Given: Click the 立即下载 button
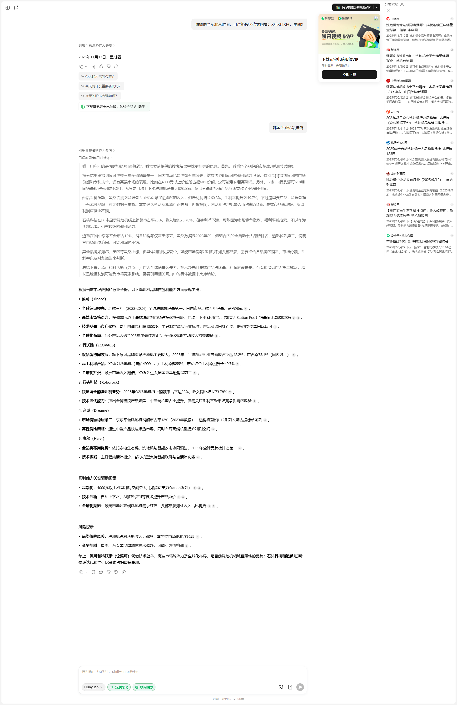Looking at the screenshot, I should pyautogui.click(x=349, y=74).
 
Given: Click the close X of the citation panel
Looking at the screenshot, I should pyautogui.click(x=388, y=11).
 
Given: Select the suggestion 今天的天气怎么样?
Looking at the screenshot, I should pyautogui.click(x=98, y=76).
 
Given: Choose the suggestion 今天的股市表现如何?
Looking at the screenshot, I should pyautogui.click(x=100, y=96).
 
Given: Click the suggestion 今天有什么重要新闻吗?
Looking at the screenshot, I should pyautogui.click(x=101, y=86).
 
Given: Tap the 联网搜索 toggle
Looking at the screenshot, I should pyautogui.click(x=144, y=687).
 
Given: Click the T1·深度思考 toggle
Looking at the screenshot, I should pyautogui.click(x=119, y=687).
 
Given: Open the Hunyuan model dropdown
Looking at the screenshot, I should pyautogui.click(x=93, y=687).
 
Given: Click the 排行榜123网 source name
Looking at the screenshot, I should pyautogui.click(x=399, y=143).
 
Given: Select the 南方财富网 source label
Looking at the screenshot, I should pyautogui.click(x=397, y=174).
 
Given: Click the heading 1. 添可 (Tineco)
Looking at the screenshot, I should pyautogui.click(x=92, y=299).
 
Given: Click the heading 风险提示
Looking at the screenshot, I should pyautogui.click(x=86, y=527).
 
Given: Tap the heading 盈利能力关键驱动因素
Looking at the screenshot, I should pyautogui.click(x=97, y=478).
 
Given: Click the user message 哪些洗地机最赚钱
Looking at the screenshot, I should pyautogui.click(x=288, y=128).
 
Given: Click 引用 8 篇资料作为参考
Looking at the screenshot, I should pyautogui.click(x=95, y=150).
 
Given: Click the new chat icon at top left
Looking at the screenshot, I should pyautogui.click(x=16, y=8).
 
